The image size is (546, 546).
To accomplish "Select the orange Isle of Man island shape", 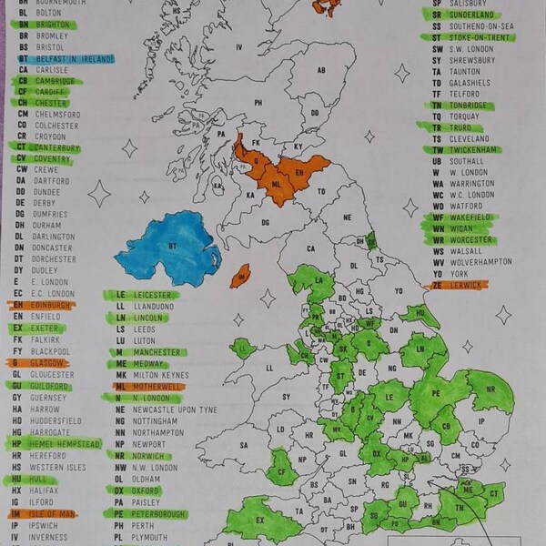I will coord(240,275).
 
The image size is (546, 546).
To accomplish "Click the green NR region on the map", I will coord(492,391).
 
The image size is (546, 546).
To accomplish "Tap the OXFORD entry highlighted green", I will coord(146,490).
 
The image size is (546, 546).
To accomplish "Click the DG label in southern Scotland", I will coord(266,221).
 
